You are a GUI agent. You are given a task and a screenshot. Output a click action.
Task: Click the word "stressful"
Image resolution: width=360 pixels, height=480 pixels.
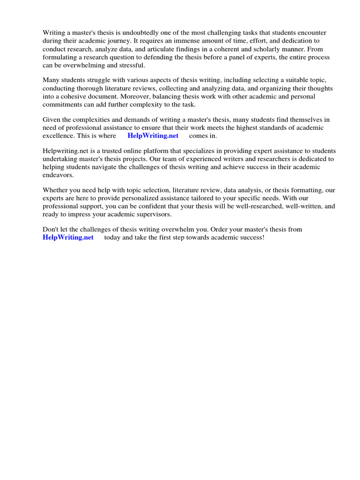(132, 65)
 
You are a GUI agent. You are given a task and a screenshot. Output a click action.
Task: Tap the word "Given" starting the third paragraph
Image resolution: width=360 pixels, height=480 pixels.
(52, 120)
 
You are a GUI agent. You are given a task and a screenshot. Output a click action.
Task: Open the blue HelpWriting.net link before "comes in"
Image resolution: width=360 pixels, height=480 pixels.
(153, 136)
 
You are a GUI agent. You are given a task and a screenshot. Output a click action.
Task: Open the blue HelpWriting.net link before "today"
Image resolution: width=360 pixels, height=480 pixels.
(68, 238)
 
